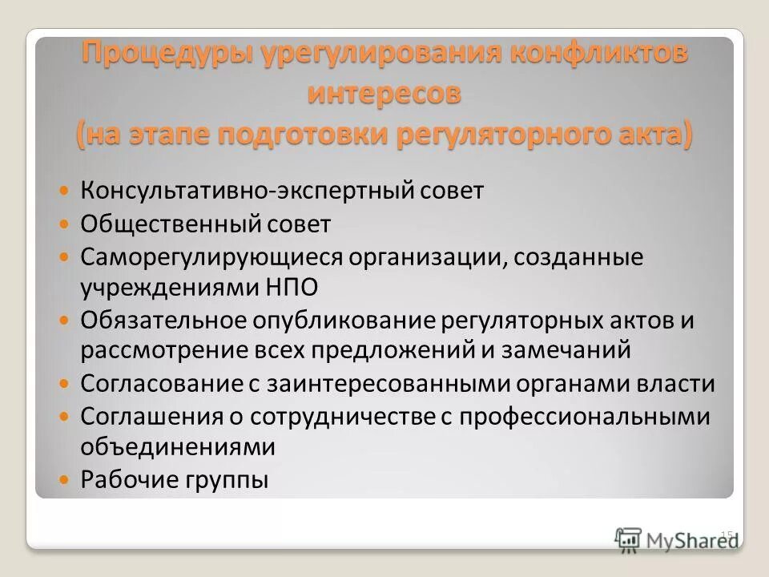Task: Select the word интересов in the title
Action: coord(385,93)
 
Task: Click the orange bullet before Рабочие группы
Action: coord(66,479)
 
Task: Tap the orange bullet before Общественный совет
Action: coord(66,225)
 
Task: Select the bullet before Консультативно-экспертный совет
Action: coord(66,192)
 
